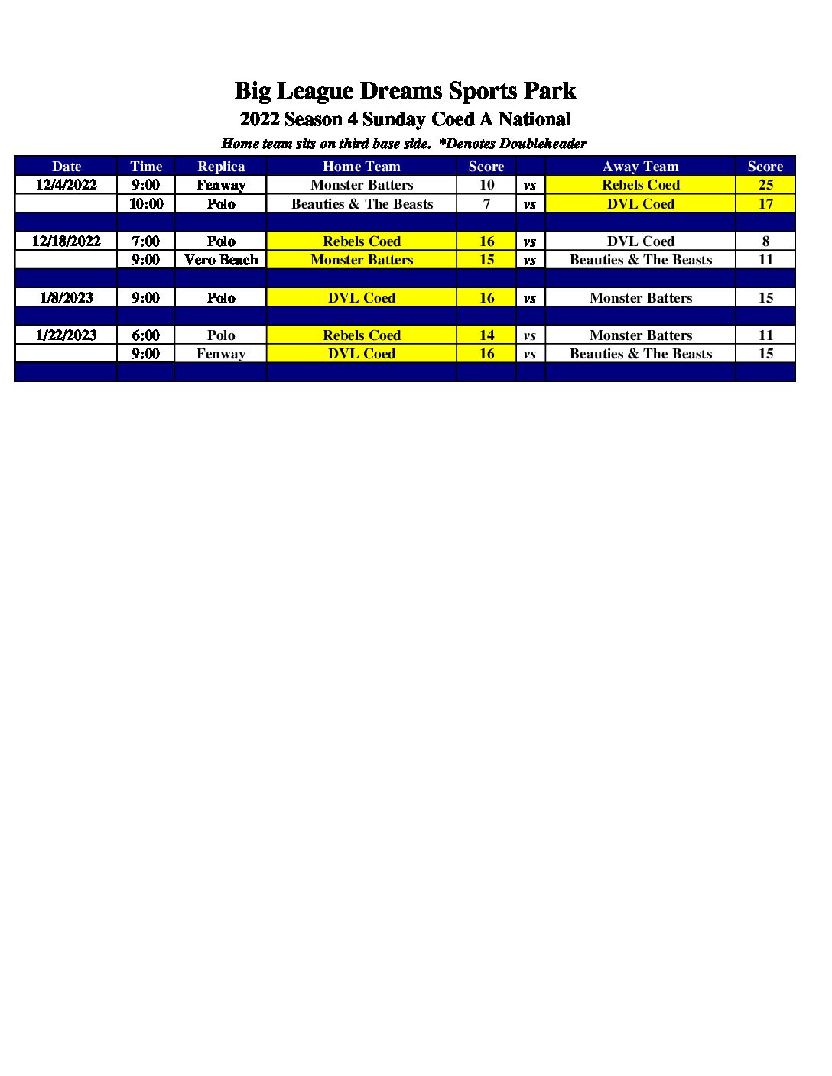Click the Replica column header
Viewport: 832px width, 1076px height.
tap(221, 167)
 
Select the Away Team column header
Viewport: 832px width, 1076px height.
tap(640, 167)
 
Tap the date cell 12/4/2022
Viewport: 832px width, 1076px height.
tap(67, 185)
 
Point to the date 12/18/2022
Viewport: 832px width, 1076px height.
tap(67, 241)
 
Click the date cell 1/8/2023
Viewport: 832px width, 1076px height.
tap(67, 298)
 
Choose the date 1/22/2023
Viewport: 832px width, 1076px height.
tap(67, 335)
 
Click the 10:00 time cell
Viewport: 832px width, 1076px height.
tap(146, 204)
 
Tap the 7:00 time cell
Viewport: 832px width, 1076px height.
tap(146, 241)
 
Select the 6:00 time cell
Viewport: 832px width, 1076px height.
tap(146, 335)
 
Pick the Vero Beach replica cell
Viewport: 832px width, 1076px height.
tap(221, 260)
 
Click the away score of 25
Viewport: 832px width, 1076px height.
tap(765, 185)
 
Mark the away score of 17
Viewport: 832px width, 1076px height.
tap(765, 204)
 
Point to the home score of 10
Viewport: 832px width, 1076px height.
tap(486, 185)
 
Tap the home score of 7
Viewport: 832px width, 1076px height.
tap(486, 204)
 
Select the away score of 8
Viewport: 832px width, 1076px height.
tap(765, 241)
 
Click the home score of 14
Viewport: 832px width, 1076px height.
tap(486, 335)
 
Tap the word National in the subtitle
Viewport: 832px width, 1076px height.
tap(535, 119)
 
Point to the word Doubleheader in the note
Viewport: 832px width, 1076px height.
tap(543, 144)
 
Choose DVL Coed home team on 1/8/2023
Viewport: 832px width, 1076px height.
tap(362, 298)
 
